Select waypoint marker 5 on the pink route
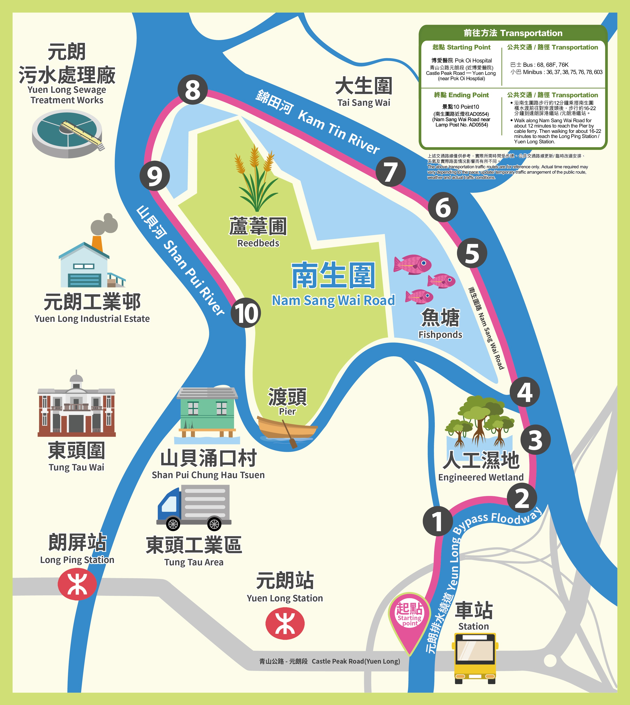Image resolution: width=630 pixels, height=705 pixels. [x=472, y=253]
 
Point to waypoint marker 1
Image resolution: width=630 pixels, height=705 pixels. [x=438, y=521]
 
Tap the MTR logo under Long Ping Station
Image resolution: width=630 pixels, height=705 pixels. [x=77, y=584]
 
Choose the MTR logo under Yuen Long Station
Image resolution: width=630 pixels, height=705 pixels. [x=285, y=623]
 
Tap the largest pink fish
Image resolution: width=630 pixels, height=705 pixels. [x=413, y=265]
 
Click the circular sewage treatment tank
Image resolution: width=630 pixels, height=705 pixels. [x=67, y=133]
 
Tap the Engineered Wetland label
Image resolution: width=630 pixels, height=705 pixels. [x=481, y=477]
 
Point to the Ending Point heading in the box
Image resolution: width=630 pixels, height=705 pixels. [x=461, y=95]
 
